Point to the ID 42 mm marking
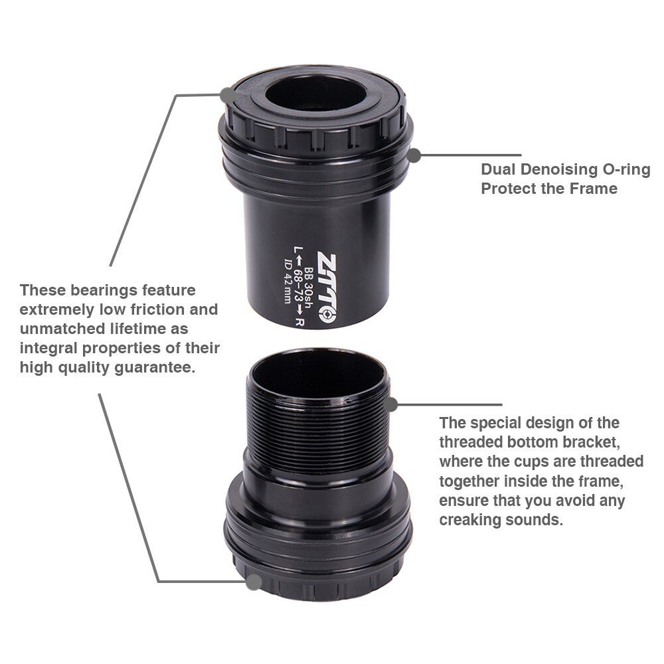pyautogui.click(x=289, y=287)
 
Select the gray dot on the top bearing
pyautogui.click(x=228, y=94)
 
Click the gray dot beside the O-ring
pyautogui.click(x=414, y=155)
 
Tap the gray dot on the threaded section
pyautogui.click(x=391, y=404)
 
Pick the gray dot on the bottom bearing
pyautogui.click(x=253, y=582)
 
